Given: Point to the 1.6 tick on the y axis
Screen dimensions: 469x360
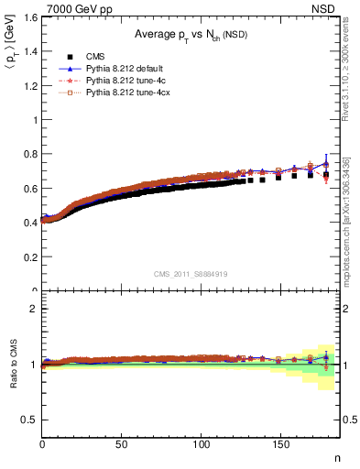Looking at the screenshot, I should [29, 17].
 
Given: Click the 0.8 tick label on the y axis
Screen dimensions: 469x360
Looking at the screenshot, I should [29, 154].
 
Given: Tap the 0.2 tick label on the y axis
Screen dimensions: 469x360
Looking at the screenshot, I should [29, 256].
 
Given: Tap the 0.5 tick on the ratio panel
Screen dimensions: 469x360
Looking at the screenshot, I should [29, 420].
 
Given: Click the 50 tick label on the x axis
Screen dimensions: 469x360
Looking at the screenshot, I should [122, 446].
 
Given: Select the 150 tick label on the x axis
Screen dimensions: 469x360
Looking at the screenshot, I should [278, 446].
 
